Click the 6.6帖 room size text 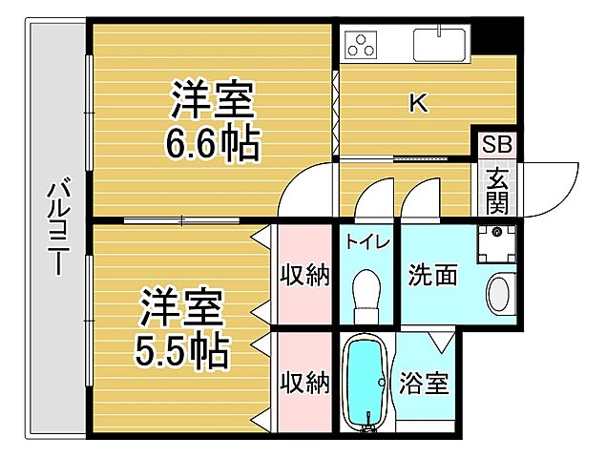pyautogui.click(x=212, y=145)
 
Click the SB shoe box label pyautogui.click(x=496, y=145)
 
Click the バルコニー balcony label pyautogui.click(x=56, y=229)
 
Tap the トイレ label pyautogui.click(x=367, y=241)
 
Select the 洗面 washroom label pyautogui.click(x=432, y=276)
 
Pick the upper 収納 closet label pyautogui.click(x=304, y=276)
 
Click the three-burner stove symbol pyautogui.click(x=364, y=44)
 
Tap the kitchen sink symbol pyautogui.click(x=439, y=44)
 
